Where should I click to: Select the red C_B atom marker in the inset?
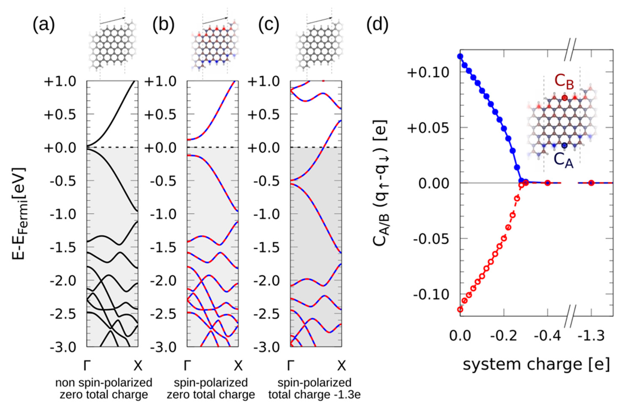(565, 98)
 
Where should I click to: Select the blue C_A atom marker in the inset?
(564, 145)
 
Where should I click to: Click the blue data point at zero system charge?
(460, 56)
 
